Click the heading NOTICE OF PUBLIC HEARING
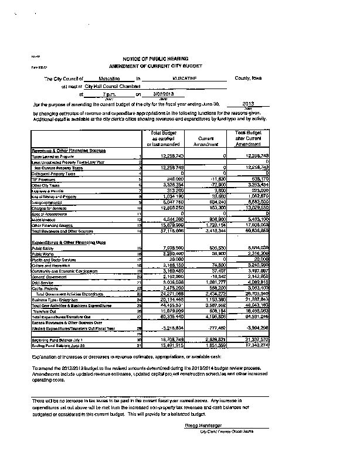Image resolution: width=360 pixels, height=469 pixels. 155,60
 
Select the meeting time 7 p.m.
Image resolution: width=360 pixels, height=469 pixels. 110,94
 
